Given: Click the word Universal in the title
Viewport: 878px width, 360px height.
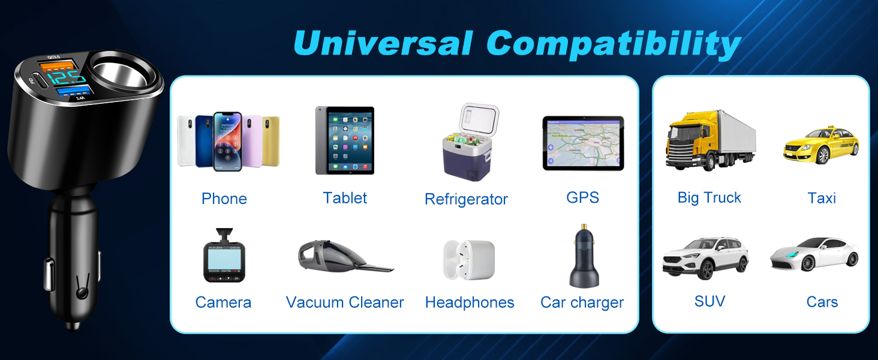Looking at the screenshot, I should pyautogui.click(x=384, y=44).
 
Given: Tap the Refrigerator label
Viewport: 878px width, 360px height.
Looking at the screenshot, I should pyautogui.click(x=466, y=199).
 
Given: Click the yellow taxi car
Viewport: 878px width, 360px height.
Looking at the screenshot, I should pyautogui.click(x=821, y=144).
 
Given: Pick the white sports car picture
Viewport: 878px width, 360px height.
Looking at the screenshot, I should pyautogui.click(x=815, y=254).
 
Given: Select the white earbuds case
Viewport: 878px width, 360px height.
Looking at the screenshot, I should pyautogui.click(x=469, y=260).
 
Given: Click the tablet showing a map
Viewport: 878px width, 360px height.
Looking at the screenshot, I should pyautogui.click(x=583, y=143).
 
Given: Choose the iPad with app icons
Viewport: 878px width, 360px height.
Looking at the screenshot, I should pyautogui.click(x=345, y=140).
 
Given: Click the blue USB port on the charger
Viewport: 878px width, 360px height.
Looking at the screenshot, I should pyautogui.click(x=76, y=92).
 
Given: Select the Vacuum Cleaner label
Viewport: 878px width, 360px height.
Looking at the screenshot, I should pyautogui.click(x=345, y=302).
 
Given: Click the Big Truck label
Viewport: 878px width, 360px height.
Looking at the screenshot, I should pyautogui.click(x=709, y=198).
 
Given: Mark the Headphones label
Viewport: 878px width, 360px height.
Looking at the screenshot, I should pyautogui.click(x=470, y=302).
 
